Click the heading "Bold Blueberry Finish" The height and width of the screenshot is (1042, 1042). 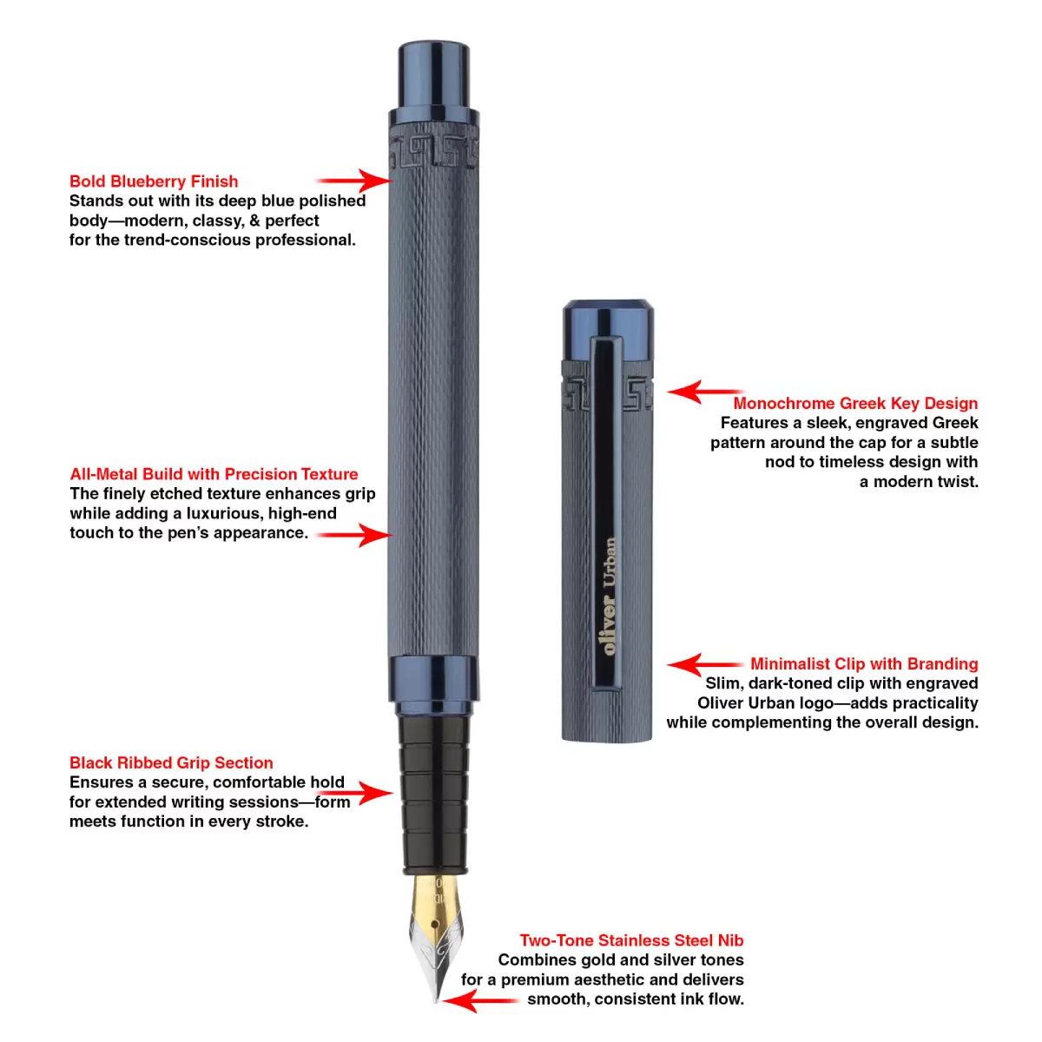coord(154,181)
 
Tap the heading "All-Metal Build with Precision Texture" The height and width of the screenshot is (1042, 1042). coord(214,474)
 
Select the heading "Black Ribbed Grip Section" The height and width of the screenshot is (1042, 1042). coord(171,763)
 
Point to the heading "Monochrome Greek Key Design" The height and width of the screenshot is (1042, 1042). coord(855,404)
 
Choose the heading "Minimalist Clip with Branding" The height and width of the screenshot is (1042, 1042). coord(864,664)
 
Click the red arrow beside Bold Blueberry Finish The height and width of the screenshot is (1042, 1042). coord(355,180)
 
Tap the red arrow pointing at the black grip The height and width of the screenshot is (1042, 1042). coord(355,794)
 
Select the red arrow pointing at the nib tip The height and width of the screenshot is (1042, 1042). coord(480,1001)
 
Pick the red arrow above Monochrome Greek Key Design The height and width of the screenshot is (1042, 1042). coord(705,392)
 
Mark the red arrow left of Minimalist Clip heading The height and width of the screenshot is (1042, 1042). coord(705,664)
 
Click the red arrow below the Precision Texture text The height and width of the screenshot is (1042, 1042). coord(355,536)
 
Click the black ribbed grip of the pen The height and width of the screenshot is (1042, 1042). coord(434,795)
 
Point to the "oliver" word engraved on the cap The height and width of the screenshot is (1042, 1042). coord(610,625)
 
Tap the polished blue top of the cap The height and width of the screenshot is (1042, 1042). coord(609,330)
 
